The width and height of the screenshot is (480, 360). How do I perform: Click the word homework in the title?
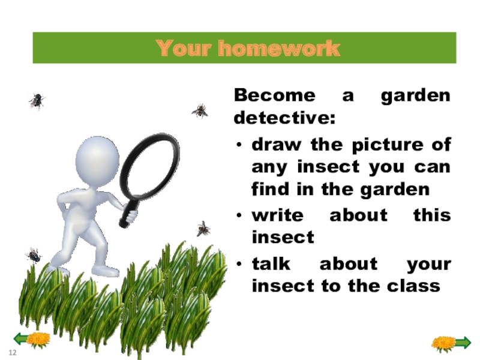tap(278, 49)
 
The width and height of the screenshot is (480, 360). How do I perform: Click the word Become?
tap(274, 95)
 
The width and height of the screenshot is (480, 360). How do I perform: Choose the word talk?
tap(272, 264)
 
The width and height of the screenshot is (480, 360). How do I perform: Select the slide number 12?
tap(11, 350)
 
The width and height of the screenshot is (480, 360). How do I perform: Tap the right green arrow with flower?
tap(452, 343)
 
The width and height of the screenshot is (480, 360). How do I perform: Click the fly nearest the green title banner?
tap(37, 101)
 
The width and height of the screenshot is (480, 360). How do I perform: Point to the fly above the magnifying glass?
tap(200, 110)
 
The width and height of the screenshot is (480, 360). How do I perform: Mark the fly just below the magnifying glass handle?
tap(203, 228)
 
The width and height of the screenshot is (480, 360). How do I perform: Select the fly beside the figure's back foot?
tap(33, 255)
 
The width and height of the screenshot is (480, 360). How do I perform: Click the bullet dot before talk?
tap(239, 265)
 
